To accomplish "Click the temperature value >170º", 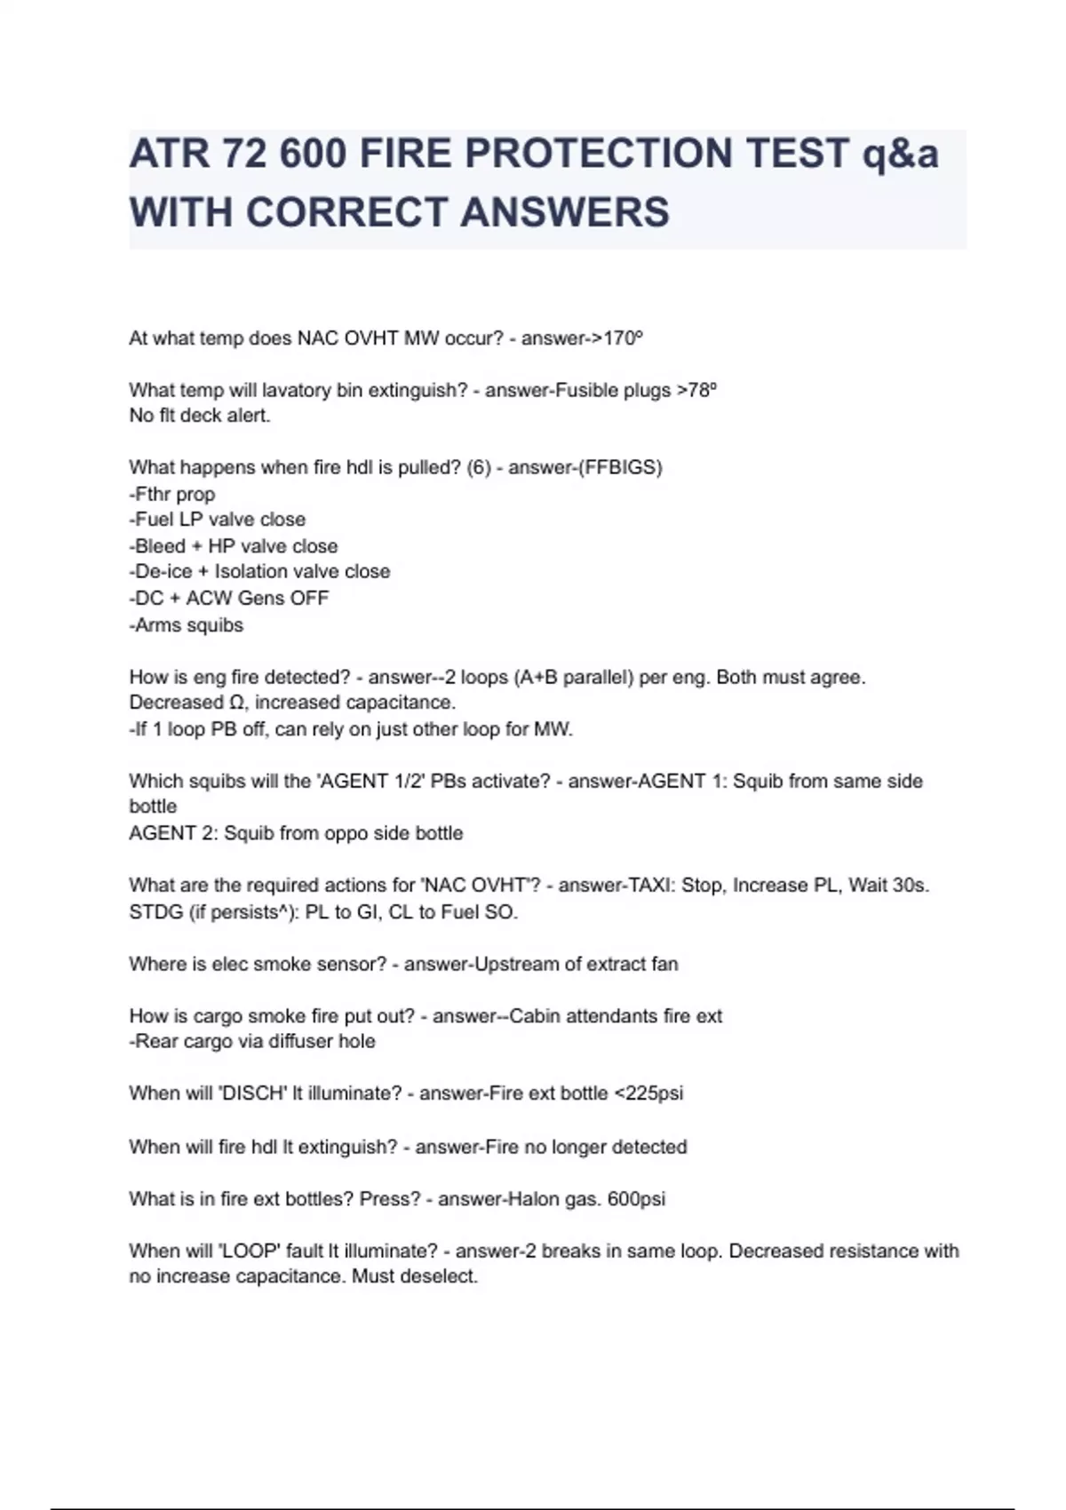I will [x=612, y=338].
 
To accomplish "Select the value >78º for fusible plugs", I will [x=696, y=390].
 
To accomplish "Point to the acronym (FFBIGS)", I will [x=620, y=467].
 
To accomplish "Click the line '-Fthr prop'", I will [x=172, y=494].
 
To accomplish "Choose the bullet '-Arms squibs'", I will [x=187, y=625].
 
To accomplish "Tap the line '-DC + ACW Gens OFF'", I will [x=229, y=599].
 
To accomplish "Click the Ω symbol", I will [x=236, y=703].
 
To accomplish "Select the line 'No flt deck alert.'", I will [x=200, y=416].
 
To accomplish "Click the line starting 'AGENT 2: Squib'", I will [x=296, y=833].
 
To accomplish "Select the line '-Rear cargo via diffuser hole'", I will [x=252, y=1041].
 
